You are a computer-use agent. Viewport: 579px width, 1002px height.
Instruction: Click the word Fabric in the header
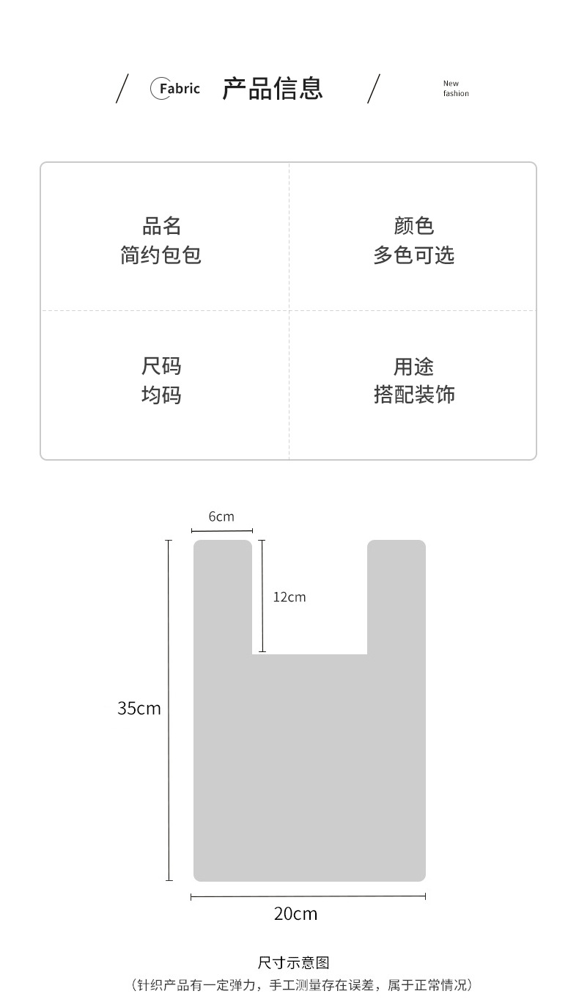[179, 89]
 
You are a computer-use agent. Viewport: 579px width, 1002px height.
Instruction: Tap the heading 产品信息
[273, 88]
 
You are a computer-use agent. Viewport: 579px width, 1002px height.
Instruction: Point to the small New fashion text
[455, 89]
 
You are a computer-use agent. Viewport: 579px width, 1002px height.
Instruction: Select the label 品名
[161, 225]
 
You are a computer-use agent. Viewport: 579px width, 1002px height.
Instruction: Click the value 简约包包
[161, 255]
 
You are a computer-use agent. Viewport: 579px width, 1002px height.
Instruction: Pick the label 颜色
[414, 225]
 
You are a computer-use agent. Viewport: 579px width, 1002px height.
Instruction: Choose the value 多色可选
[414, 255]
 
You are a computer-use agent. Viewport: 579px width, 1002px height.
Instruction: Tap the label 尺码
[161, 366]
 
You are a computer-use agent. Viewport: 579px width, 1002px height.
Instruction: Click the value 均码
[161, 395]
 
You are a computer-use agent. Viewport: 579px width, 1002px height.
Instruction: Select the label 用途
[414, 366]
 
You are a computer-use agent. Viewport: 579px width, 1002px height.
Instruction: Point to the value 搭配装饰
[414, 395]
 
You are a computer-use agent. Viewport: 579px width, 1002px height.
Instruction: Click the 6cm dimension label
[221, 516]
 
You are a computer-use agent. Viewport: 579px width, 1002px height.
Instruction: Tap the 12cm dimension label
[289, 597]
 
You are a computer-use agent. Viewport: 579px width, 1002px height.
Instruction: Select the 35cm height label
[139, 708]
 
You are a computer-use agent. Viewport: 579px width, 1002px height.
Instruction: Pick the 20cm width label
[296, 913]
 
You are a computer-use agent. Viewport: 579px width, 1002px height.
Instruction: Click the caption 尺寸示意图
[293, 962]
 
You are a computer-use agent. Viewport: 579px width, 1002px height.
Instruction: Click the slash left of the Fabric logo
[122, 89]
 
